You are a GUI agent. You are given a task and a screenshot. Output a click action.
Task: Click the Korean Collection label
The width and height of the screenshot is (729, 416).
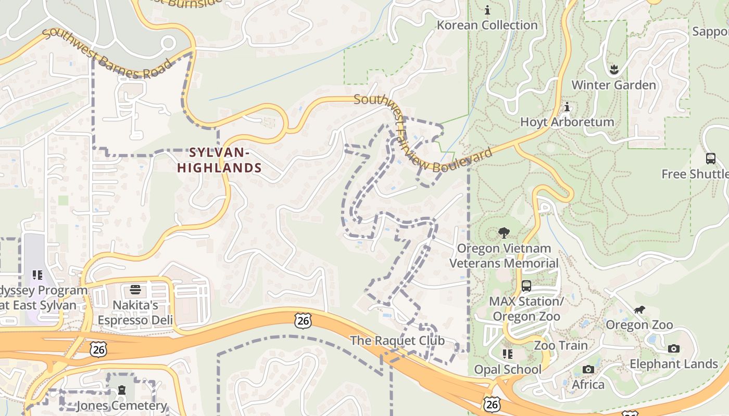[487, 25]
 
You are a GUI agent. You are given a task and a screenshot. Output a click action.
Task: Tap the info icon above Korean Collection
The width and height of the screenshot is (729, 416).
[487, 10]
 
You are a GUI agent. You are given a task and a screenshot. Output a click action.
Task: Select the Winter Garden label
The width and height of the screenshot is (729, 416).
[613, 85]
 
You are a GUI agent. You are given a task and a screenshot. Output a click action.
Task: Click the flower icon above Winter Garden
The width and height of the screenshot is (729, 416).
[613, 69]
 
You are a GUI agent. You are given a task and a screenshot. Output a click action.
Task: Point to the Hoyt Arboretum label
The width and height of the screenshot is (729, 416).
[567, 122]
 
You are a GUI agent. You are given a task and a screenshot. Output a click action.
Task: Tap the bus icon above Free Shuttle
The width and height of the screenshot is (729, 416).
[710, 158]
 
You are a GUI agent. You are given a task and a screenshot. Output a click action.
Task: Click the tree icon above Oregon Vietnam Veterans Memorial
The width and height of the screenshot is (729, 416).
[504, 233]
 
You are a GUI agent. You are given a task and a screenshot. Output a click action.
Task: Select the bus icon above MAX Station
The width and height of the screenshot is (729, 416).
[526, 285]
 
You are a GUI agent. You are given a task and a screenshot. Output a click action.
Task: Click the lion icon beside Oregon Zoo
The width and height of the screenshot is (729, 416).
[639, 310]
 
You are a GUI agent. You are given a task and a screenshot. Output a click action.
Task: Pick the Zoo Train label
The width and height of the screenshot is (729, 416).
[560, 345]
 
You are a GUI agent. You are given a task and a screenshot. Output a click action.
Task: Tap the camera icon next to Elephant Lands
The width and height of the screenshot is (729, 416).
[674, 348]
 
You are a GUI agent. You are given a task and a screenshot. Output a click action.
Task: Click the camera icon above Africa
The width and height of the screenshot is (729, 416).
[588, 369]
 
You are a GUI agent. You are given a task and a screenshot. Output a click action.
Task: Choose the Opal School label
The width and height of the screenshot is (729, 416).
[508, 369]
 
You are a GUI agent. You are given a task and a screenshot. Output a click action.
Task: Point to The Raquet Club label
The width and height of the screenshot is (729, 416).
[397, 341]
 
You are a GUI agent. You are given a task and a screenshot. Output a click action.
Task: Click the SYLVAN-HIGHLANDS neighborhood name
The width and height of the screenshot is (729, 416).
[219, 160]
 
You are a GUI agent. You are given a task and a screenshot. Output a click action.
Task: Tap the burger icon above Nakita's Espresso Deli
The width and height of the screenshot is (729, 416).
[135, 289]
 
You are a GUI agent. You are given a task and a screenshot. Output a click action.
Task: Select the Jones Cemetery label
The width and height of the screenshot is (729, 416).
[121, 406]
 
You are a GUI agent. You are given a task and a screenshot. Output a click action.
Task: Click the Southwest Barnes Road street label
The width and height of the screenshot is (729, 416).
[107, 54]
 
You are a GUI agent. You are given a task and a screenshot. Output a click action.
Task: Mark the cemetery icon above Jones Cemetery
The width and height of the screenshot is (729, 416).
[122, 389]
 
